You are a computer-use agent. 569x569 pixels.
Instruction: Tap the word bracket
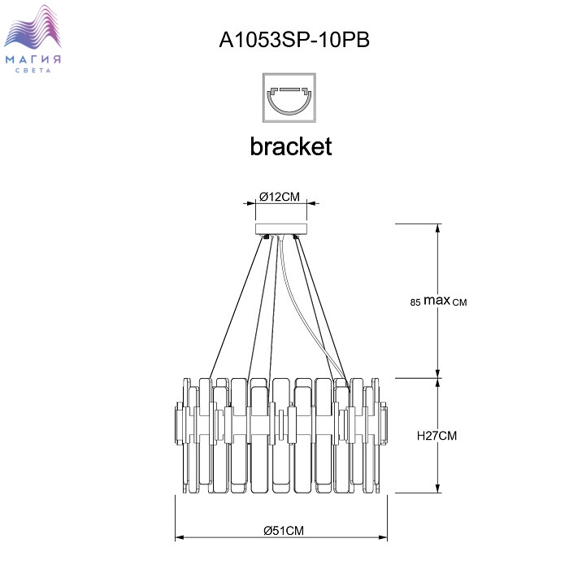290,146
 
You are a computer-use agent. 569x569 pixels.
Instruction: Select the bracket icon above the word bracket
290,96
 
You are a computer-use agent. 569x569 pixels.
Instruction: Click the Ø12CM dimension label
280,195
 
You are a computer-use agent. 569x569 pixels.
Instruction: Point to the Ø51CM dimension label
284,530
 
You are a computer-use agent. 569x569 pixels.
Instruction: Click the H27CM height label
437,436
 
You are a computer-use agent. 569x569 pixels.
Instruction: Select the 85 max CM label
439,302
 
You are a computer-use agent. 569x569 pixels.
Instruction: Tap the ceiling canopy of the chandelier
282,228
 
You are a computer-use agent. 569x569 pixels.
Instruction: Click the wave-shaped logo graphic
35,33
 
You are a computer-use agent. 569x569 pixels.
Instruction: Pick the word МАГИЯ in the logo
35,60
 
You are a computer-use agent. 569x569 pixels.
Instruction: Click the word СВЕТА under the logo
35,72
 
